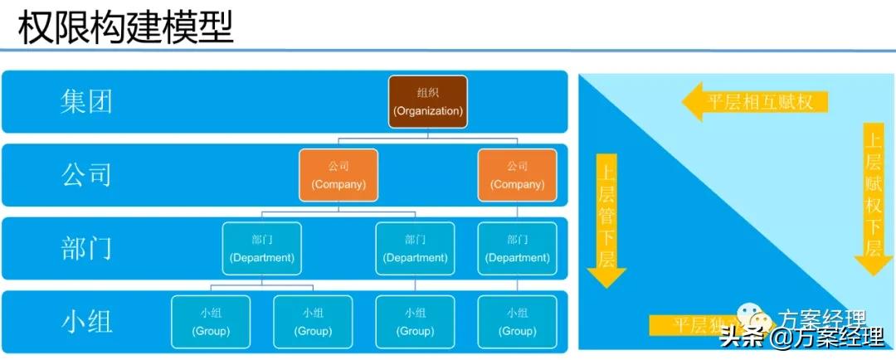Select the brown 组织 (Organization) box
(x=428, y=101)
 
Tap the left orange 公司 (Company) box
(x=338, y=174)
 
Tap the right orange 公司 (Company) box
(x=518, y=174)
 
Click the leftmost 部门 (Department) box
(x=262, y=248)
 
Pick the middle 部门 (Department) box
(x=416, y=248)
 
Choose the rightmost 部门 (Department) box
(x=518, y=248)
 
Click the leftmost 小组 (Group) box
(x=211, y=322)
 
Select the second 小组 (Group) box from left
(x=314, y=322)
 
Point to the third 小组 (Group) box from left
(x=416, y=322)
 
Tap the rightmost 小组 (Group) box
(x=518, y=322)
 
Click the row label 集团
(x=86, y=101)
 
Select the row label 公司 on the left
(x=86, y=174)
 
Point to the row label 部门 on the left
(x=86, y=248)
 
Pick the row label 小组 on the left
(x=86, y=321)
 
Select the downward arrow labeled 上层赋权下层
(x=874, y=199)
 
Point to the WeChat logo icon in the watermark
(x=755, y=318)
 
